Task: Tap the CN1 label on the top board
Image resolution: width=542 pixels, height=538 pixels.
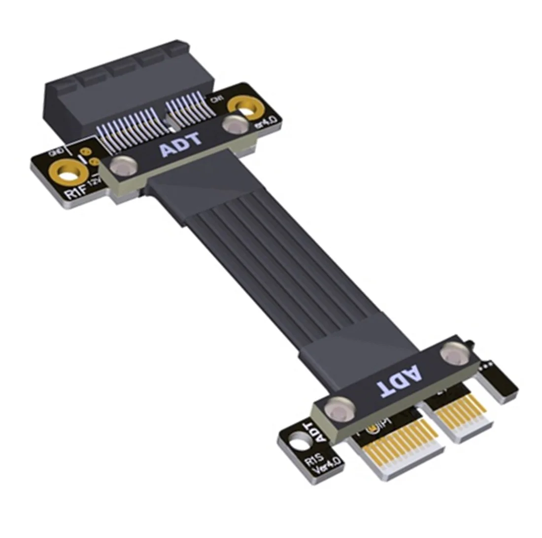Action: pyautogui.click(x=215, y=100)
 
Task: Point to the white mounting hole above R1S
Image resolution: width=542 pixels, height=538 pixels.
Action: pyautogui.click(x=298, y=443)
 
